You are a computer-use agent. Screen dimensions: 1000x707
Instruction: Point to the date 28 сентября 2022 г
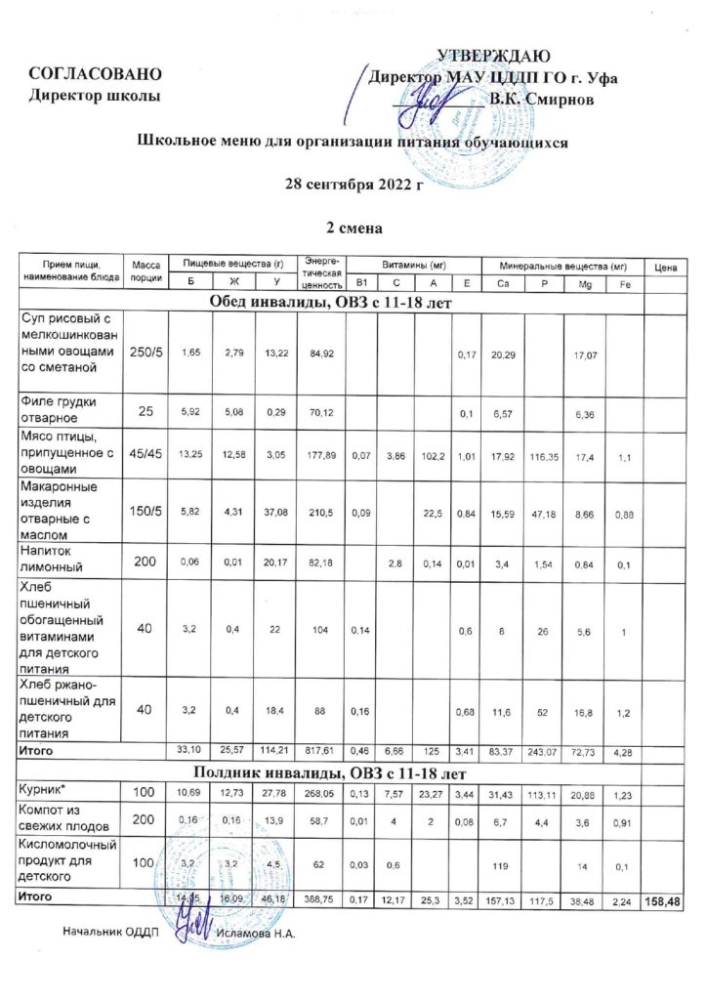pyautogui.click(x=352, y=185)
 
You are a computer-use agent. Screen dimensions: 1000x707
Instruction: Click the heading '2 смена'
pyautogui.click(x=352, y=228)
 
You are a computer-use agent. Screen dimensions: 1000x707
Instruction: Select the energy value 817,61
pyautogui.click(x=317, y=752)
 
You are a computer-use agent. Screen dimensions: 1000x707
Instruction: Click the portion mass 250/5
pyautogui.click(x=145, y=351)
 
